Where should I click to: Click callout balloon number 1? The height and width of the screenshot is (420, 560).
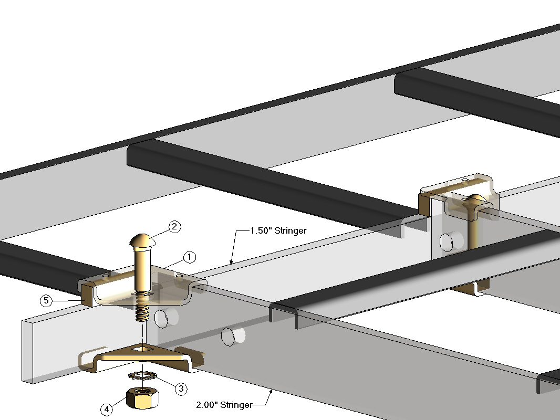point(190,257)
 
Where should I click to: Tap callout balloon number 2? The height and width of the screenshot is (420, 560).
point(174,227)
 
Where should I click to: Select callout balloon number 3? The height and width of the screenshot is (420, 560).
point(181,388)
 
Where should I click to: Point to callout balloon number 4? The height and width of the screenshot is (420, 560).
point(107,409)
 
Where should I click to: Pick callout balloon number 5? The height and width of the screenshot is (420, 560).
point(47,301)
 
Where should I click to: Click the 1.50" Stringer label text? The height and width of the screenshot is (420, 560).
point(278,230)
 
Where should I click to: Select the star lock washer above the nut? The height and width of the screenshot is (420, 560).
point(141,376)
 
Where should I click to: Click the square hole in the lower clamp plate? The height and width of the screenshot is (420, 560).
point(143,348)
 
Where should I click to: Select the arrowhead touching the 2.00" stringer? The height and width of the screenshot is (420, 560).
point(271,391)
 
